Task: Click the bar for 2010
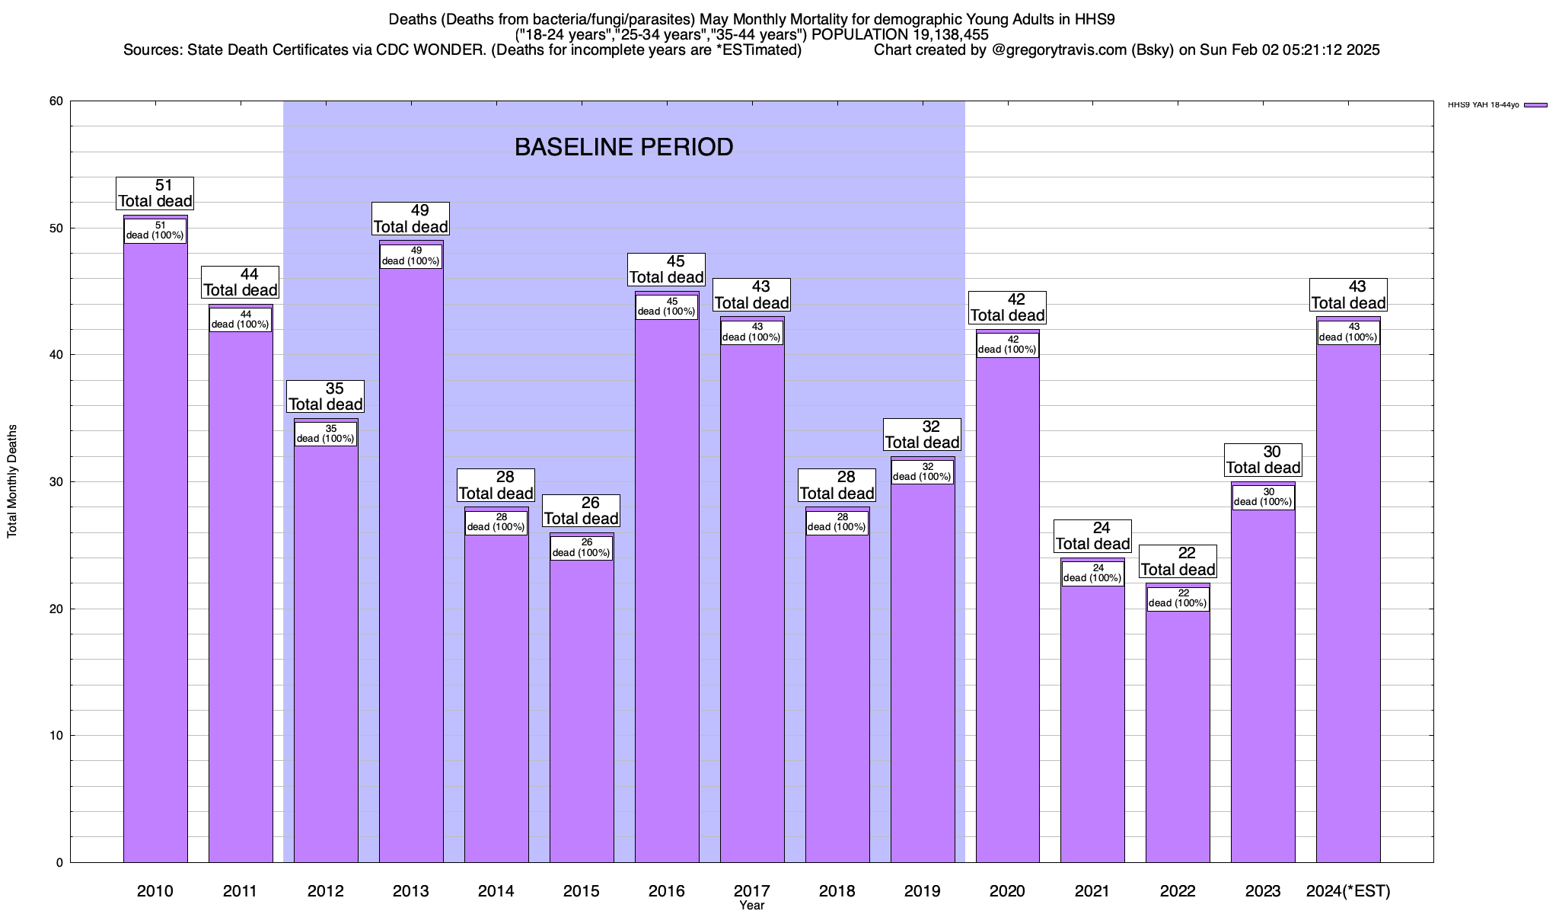155,548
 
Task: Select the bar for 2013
411,564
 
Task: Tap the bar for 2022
1178,731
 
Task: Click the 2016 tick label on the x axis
667,890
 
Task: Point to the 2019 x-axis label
923,890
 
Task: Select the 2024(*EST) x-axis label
1348,890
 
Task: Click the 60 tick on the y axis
56,101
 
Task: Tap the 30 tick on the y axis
56,482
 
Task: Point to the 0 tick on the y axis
59,863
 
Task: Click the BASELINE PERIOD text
623,147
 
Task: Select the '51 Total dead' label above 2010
155,193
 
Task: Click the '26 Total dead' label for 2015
582,511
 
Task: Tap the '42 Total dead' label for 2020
1008,308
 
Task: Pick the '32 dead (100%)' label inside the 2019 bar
922,472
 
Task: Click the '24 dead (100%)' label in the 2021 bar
1092,574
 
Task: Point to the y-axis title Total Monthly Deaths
12,481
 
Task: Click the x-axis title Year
751,906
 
